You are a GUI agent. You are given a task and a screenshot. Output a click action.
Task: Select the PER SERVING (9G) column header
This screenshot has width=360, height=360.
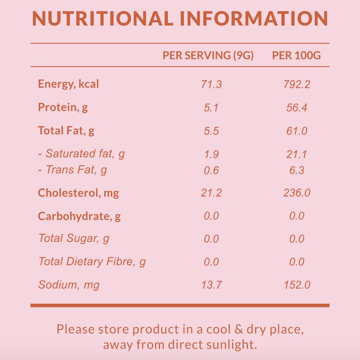[208, 55]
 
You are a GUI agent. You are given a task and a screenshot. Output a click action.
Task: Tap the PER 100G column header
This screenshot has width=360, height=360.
[296, 55]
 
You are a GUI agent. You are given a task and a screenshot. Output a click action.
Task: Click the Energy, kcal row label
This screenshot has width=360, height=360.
[68, 84]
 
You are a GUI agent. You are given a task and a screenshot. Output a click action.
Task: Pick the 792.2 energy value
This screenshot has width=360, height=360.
[297, 85]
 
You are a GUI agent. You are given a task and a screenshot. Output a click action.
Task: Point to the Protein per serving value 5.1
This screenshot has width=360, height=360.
[211, 108]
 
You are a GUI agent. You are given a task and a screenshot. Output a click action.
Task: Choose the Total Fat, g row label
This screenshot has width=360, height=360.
[66, 130]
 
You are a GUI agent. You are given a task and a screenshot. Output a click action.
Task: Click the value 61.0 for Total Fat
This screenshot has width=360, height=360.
[297, 131]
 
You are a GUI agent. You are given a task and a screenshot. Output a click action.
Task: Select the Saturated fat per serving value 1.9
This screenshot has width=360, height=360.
[211, 154]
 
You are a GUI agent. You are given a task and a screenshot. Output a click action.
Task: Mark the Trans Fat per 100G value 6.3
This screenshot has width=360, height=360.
[297, 170]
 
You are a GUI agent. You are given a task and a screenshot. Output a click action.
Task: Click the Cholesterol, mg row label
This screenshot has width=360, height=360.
[78, 193]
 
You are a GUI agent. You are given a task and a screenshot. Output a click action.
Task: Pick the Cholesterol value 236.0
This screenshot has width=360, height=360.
[297, 193]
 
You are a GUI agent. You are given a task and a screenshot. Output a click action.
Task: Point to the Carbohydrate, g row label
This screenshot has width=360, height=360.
[79, 216]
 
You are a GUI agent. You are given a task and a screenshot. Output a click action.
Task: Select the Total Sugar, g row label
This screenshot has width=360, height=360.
[74, 238]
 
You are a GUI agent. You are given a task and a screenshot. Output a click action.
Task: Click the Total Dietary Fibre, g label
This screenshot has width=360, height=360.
[92, 261]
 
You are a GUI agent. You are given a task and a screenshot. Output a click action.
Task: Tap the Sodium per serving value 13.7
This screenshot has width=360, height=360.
[211, 285]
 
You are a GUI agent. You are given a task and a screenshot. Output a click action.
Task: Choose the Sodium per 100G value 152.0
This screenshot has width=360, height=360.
[297, 285]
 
